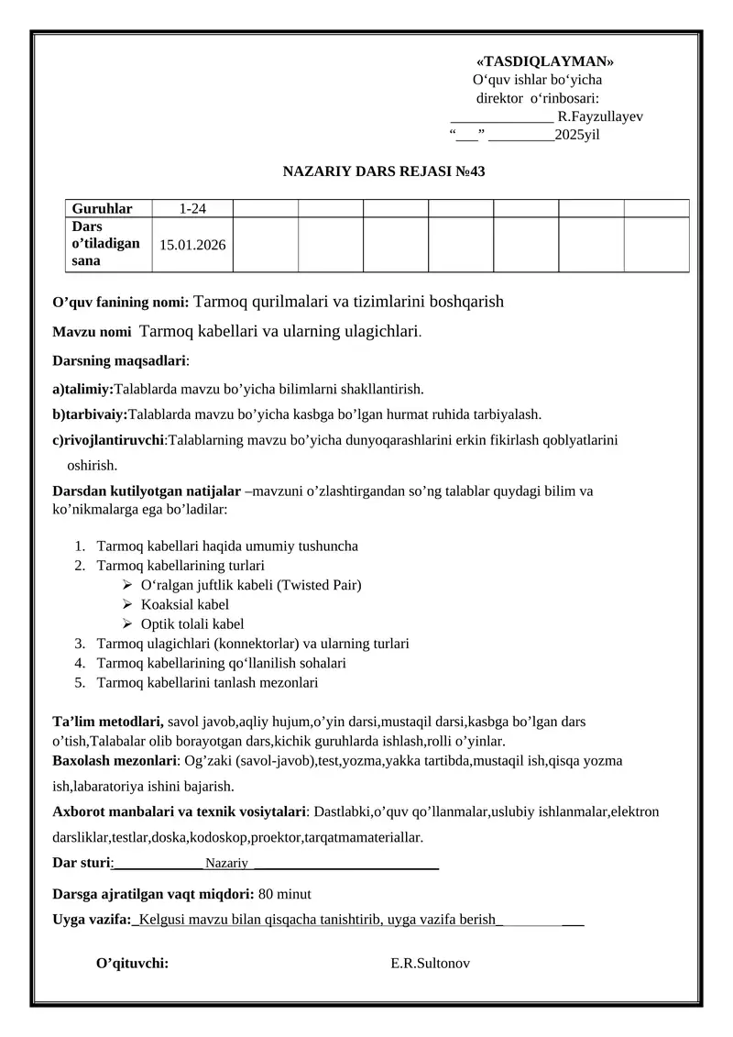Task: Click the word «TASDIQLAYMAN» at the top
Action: pyautogui.click(x=545, y=61)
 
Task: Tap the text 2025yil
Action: pyautogui.click(x=578, y=135)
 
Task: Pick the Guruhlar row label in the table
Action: pyautogui.click(x=102, y=208)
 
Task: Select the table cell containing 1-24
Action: pyautogui.click(x=191, y=208)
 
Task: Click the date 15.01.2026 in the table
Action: pyautogui.click(x=192, y=245)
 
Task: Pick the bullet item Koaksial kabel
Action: pyautogui.click(x=185, y=604)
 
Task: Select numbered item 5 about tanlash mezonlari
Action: pyautogui.click(x=206, y=682)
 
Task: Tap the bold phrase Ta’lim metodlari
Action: pyautogui.click(x=108, y=722)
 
